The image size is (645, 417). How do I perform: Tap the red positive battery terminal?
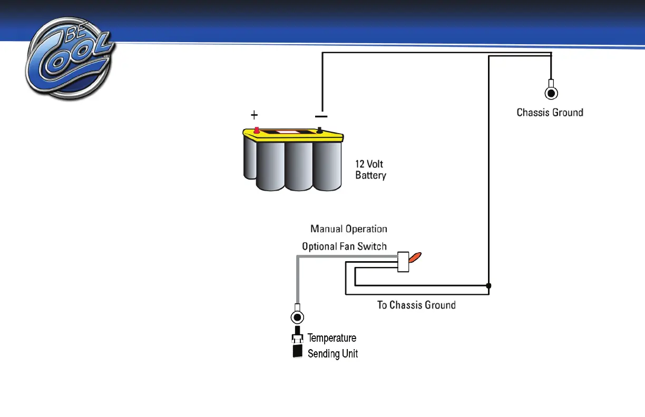[x=257, y=130]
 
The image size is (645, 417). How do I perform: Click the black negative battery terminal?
[x=319, y=130]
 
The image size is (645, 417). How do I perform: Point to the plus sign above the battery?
[x=255, y=115]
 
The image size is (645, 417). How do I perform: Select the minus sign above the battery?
[x=321, y=116]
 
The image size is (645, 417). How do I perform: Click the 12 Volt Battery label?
[x=370, y=170]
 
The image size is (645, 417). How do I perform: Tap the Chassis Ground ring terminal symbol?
[x=551, y=93]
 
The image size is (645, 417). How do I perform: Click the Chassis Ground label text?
[x=550, y=112]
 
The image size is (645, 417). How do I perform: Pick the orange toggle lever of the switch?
[x=415, y=257]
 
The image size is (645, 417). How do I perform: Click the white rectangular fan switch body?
[x=403, y=262]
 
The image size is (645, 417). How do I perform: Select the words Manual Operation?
[x=349, y=229]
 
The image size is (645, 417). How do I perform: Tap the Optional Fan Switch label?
[x=344, y=246]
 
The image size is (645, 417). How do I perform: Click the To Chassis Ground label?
[x=416, y=305]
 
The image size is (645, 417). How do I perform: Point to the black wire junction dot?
[x=488, y=285]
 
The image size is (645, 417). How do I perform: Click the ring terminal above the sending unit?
[x=298, y=317]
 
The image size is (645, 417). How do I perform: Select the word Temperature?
[x=332, y=338]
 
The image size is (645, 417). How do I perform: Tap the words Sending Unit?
[x=333, y=353]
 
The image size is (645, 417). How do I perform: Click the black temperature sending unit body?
[x=298, y=351]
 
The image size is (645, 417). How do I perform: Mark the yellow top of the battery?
[x=293, y=136]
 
